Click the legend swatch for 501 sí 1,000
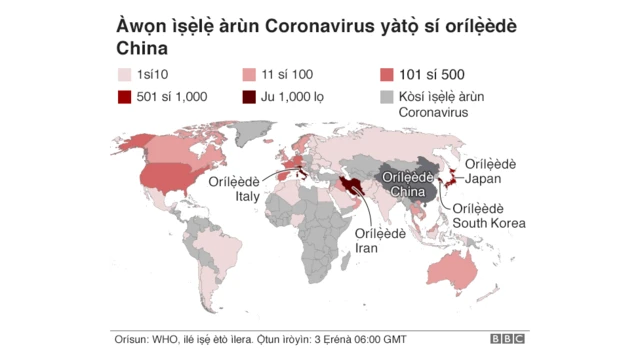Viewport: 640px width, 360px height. [124, 96]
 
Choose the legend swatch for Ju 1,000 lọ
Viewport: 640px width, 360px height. [249, 96]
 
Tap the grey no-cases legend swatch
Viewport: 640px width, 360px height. [386, 96]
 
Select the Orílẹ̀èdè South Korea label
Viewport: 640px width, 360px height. [489, 215]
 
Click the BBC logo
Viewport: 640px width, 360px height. [507, 339]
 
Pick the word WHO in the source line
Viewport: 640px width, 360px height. [164, 338]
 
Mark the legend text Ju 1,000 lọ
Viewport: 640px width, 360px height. [298, 96]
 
